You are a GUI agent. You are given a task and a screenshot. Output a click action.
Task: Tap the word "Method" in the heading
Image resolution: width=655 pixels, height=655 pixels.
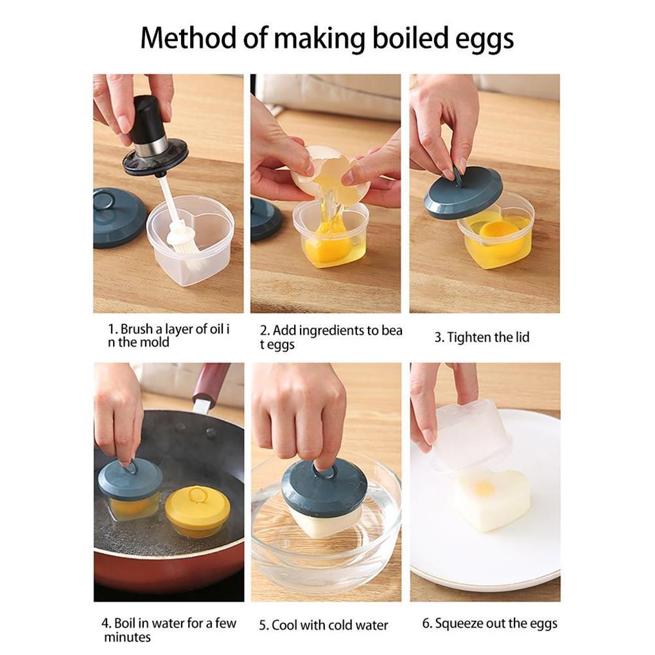tap(189, 38)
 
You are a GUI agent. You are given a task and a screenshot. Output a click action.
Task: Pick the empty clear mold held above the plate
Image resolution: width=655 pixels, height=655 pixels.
tap(469, 435)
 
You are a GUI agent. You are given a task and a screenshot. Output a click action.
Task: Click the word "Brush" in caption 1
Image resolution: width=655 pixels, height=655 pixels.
tap(137, 329)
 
